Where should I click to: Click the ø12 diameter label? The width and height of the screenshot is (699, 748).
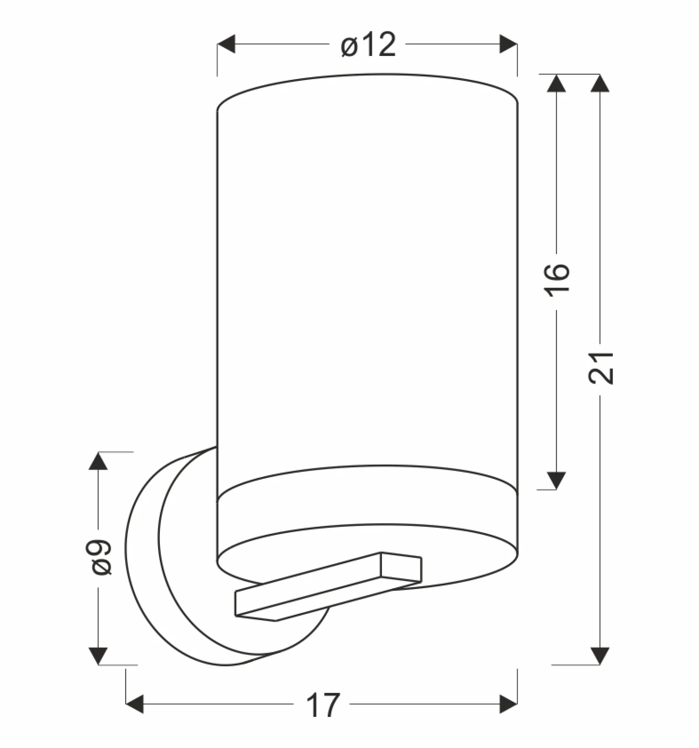[369, 45]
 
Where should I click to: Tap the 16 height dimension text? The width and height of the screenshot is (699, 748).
[558, 280]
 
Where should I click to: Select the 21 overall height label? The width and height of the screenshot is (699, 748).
[601, 367]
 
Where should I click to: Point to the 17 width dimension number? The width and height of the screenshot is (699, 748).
[323, 705]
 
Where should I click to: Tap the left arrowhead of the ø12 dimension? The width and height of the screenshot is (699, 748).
[226, 44]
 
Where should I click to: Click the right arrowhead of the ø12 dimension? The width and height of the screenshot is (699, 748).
[509, 44]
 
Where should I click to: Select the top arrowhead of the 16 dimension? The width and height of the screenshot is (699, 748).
[556, 83]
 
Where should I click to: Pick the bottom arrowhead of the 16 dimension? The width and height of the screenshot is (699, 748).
[556, 481]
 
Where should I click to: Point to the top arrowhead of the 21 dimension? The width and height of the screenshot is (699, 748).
[600, 83]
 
